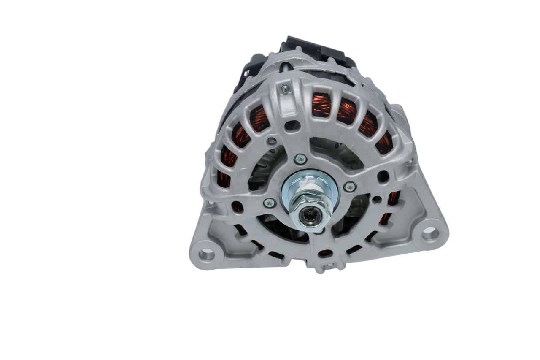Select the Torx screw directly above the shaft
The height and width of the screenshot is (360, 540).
[x=300, y=159]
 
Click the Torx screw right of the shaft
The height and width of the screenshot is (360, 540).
[x=350, y=186]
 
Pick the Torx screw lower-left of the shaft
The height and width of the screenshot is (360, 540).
[x=270, y=203]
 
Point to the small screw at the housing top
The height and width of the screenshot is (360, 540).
[x=286, y=89]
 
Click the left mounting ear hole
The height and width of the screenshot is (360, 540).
[x=207, y=254]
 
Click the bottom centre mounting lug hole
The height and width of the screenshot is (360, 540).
[x=329, y=265]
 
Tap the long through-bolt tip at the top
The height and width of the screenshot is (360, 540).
[x=286, y=67]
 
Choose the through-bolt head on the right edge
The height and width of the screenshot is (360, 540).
[x=410, y=160]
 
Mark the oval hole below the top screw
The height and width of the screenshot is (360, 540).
[x=292, y=125]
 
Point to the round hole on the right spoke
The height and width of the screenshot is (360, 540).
[x=383, y=176]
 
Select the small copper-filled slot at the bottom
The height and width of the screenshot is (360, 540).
[x=325, y=253]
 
